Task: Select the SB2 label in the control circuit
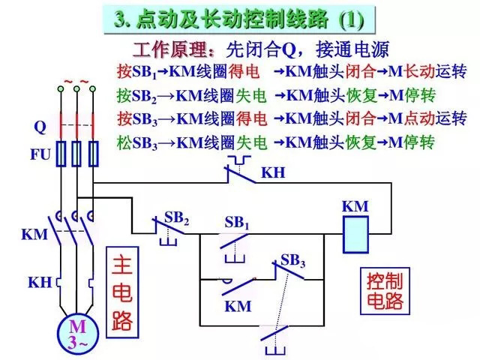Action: [176, 218]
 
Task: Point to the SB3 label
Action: [292, 261]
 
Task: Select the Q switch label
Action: [40, 127]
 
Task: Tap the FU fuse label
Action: [40, 156]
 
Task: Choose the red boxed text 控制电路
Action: [385, 292]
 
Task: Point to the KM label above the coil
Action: [355, 205]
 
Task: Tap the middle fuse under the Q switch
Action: [76, 154]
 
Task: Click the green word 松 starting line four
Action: [124, 142]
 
